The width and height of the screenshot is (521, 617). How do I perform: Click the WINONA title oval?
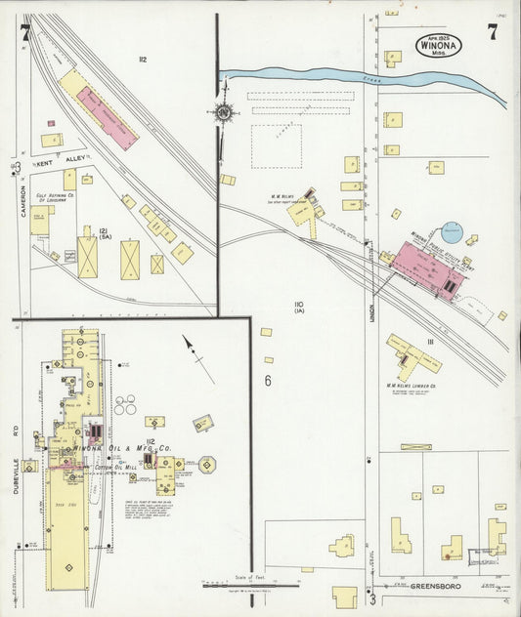(429, 46)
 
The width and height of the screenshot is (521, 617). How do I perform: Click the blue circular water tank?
(452, 231)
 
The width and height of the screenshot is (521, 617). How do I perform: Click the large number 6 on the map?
(266, 380)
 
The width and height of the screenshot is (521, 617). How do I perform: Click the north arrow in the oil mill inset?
(199, 357)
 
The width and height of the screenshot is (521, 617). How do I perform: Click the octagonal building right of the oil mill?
(207, 465)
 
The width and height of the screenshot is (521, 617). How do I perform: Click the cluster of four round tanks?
(125, 404)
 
